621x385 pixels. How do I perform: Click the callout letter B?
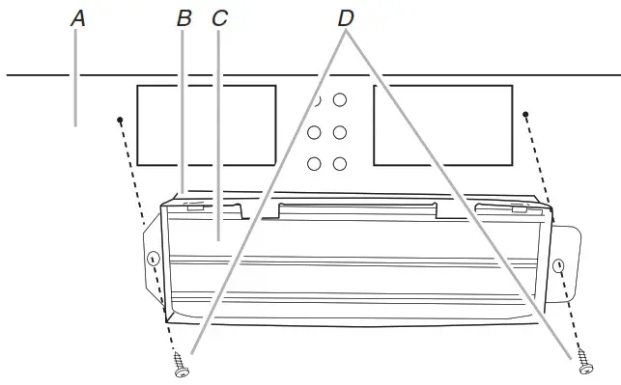point(184,18)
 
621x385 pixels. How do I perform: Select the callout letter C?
point(220,18)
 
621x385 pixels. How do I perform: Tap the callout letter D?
point(347,18)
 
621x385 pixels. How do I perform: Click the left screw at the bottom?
point(181,366)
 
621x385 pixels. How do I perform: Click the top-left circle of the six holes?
point(315,100)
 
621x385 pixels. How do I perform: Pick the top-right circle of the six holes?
point(341,100)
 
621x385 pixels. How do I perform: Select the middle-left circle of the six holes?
point(315,132)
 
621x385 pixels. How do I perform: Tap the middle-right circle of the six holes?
point(341,132)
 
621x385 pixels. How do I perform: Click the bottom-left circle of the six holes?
point(315,164)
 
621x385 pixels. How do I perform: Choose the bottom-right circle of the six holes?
point(341,164)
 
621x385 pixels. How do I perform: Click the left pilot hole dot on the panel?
point(120,120)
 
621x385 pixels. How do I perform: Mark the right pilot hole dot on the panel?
point(526,116)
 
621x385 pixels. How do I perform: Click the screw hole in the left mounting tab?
point(153,260)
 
